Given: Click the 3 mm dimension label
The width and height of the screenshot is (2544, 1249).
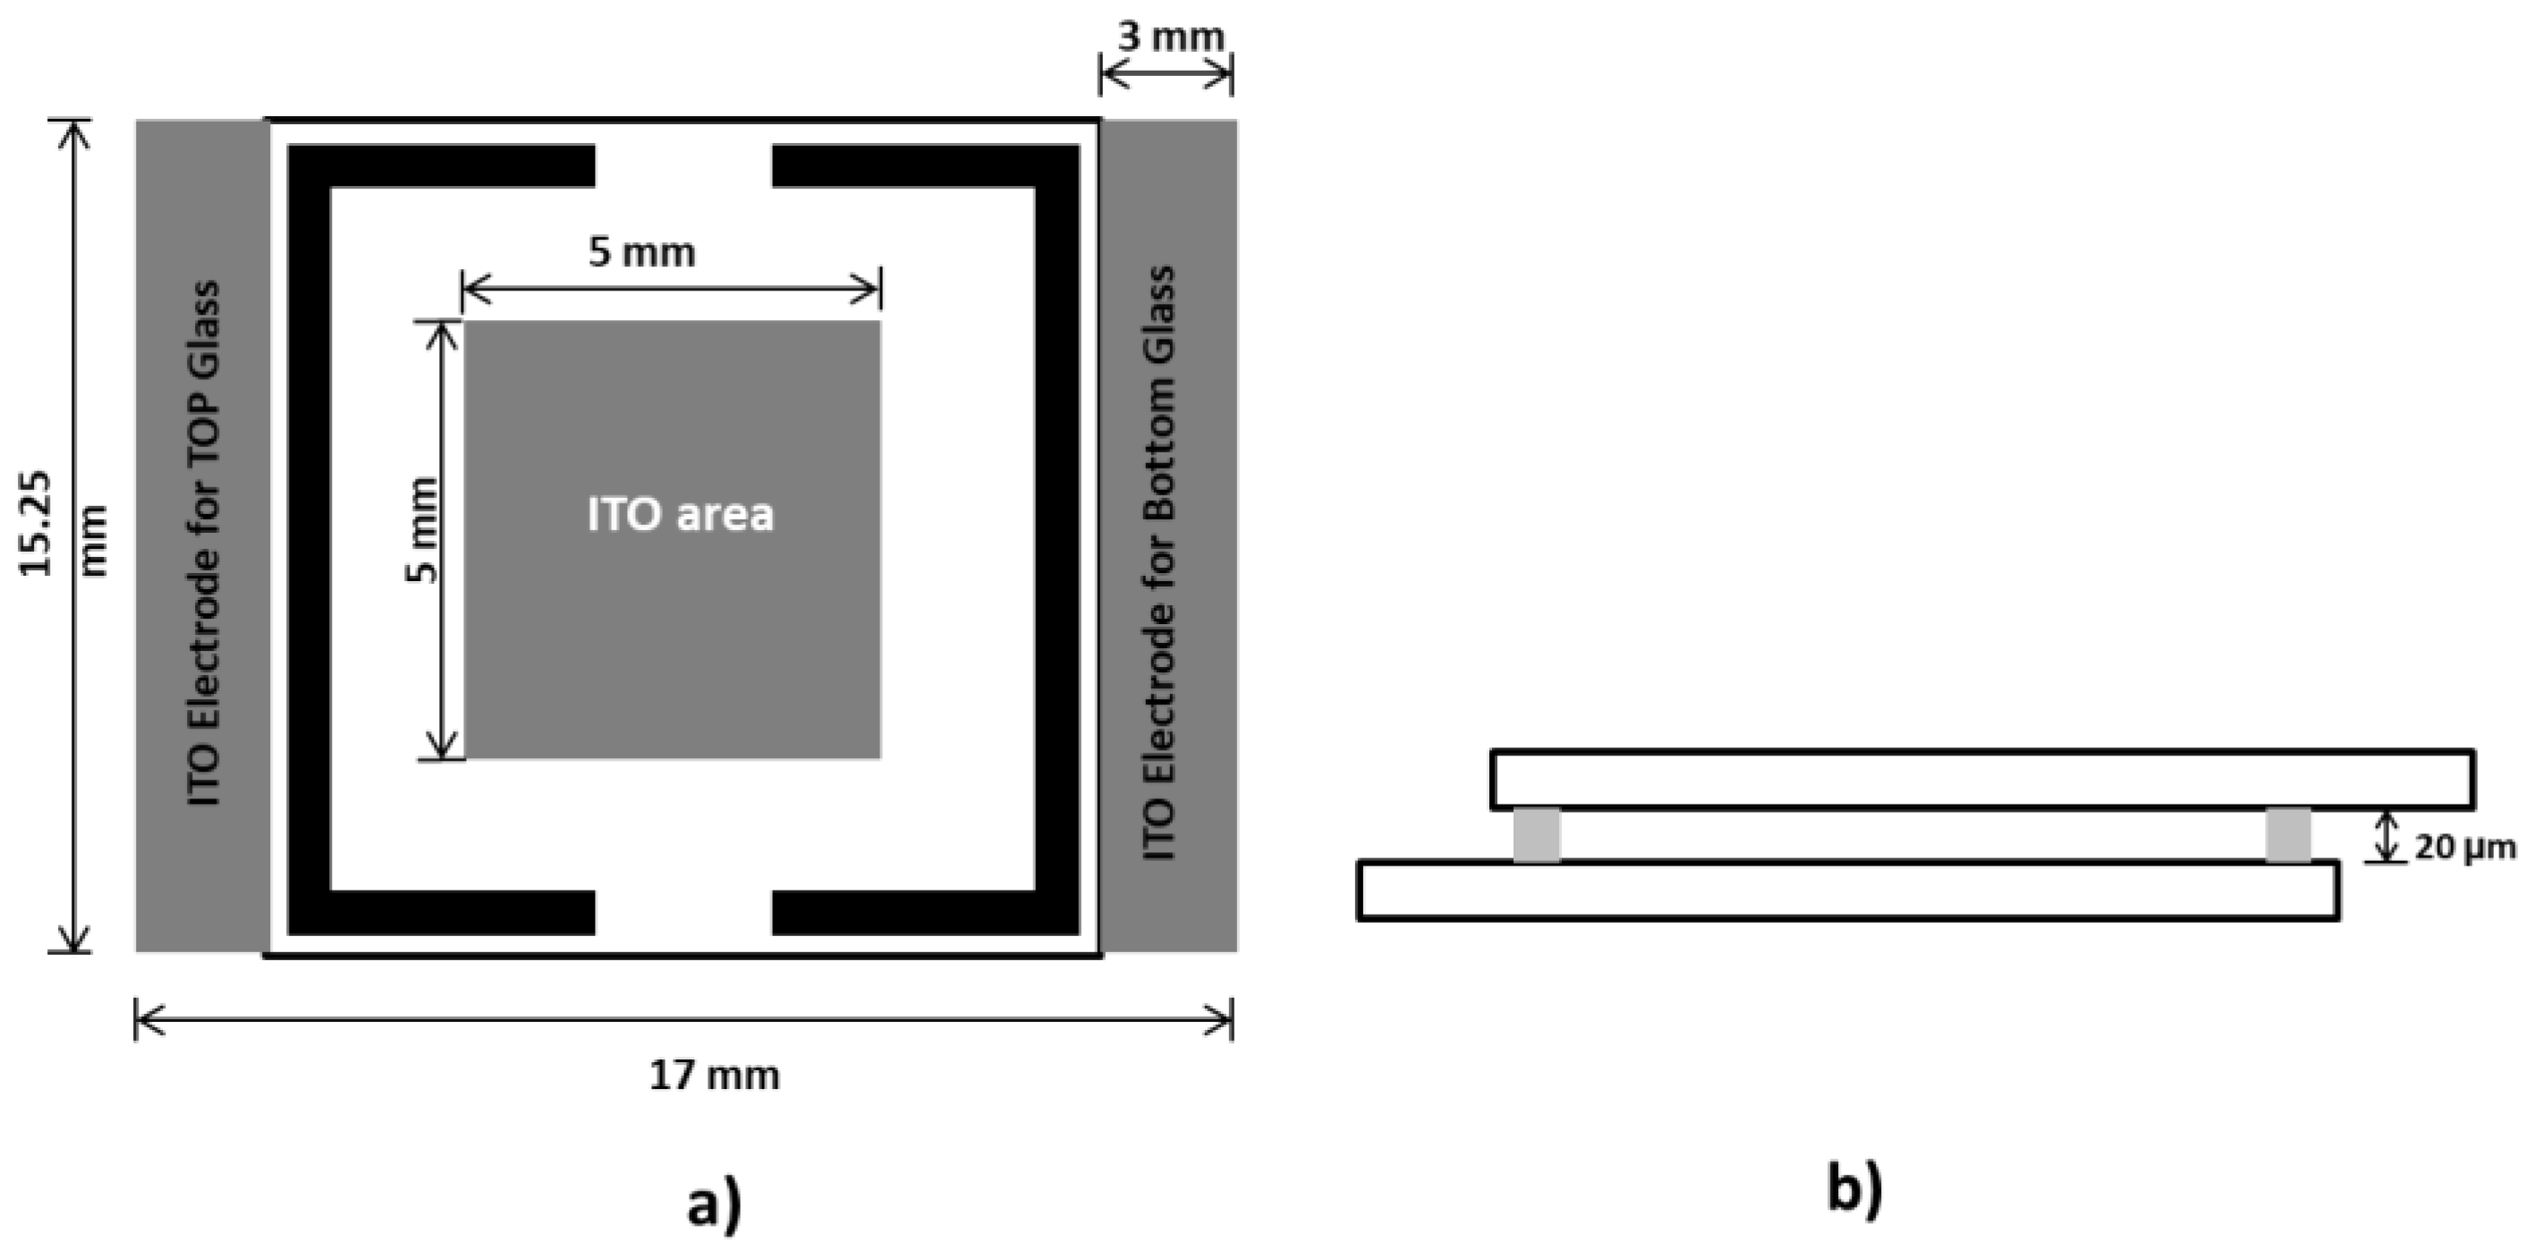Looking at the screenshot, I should (1170, 38).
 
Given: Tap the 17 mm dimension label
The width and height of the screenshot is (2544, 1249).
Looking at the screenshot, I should (714, 1075).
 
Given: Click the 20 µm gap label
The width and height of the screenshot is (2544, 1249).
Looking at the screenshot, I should (2465, 848).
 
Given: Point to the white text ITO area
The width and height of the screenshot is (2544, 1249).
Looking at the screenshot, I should (681, 514).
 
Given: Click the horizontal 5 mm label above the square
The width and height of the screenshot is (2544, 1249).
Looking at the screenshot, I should (642, 253).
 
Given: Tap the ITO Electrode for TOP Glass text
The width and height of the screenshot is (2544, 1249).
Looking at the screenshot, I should (205, 543).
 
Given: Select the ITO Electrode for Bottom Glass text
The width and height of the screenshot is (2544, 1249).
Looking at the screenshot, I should (1159, 562).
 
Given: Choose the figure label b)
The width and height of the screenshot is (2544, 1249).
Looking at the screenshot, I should (1854, 1191).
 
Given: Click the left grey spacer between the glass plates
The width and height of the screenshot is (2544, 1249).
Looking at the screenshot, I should (1537, 835).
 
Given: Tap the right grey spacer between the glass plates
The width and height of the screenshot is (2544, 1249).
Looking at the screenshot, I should (2287, 835).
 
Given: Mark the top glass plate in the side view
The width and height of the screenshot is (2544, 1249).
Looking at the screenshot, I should (1982, 780).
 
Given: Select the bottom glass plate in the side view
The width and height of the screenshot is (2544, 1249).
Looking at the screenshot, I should (1848, 891).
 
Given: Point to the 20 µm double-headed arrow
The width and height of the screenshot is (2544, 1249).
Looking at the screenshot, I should (2386, 836).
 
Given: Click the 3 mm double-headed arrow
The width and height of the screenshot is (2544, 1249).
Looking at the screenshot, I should (1166, 73).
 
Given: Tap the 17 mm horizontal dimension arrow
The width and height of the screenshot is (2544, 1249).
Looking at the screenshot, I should (683, 1019).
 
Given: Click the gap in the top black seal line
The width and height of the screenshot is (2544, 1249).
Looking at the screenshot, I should (683, 166).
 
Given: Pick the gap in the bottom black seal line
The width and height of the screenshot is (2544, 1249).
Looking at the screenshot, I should (683, 914).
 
